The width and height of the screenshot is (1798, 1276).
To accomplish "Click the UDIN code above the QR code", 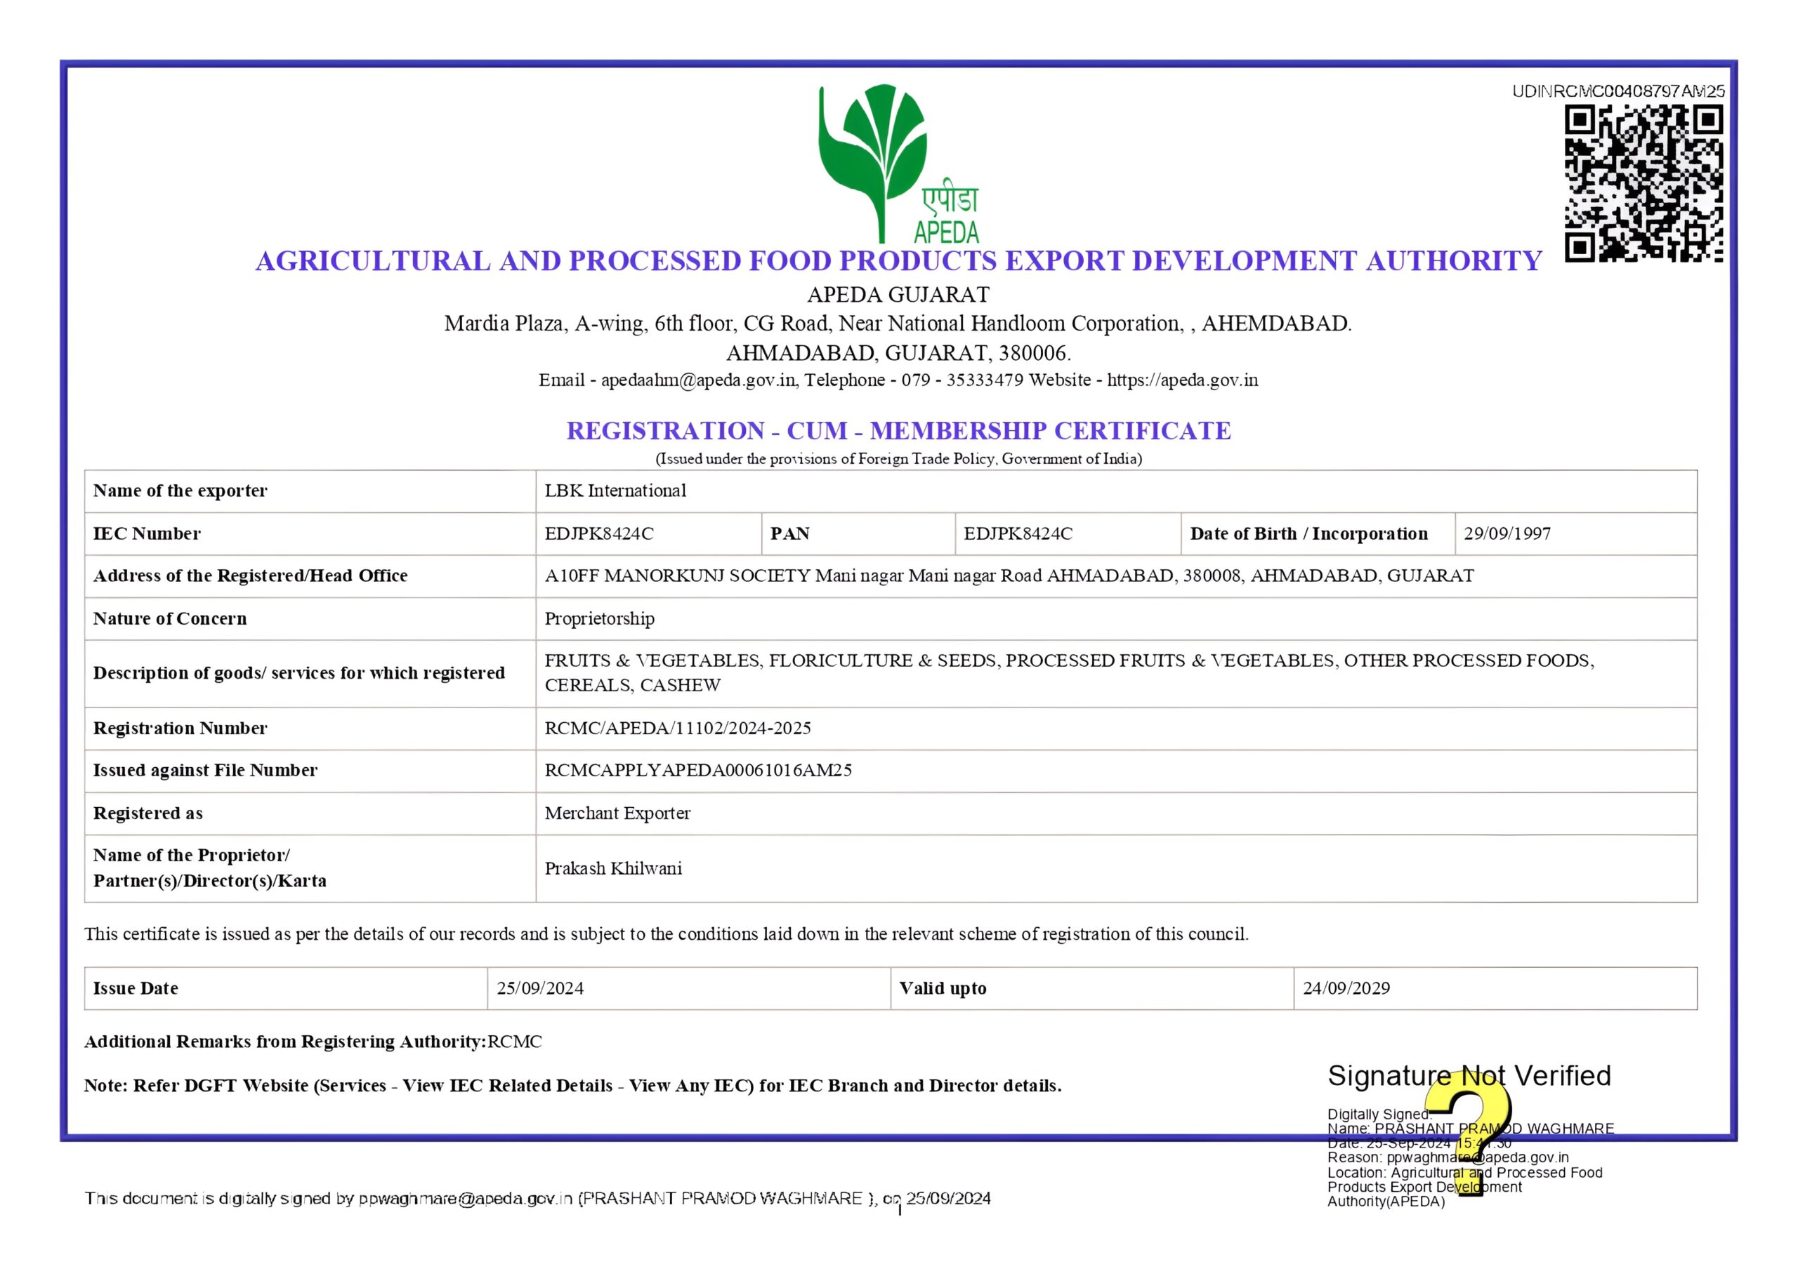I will pos(1618,91).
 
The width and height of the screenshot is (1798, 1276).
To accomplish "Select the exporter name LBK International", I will pos(615,491).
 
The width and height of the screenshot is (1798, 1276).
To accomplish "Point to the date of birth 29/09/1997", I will pos(1507,533).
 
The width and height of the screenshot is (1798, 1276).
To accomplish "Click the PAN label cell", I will pos(789,533).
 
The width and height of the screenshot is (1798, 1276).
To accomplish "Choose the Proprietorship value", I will pos(599,619).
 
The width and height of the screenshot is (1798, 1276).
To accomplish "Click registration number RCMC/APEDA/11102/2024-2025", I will pos(678,729).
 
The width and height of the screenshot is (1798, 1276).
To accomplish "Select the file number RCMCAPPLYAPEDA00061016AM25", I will pos(698,771).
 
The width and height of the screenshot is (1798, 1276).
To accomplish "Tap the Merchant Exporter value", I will pos(617,813).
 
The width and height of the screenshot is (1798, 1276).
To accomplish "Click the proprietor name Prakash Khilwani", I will pos(613,869).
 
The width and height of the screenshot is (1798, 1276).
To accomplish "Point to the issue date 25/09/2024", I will pos(540,988).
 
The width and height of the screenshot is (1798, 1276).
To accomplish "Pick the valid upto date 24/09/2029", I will pos(1346,988).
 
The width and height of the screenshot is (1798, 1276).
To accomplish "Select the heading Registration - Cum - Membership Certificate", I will pos(898,430).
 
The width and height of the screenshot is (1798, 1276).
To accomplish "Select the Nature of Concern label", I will pos(170,619).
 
